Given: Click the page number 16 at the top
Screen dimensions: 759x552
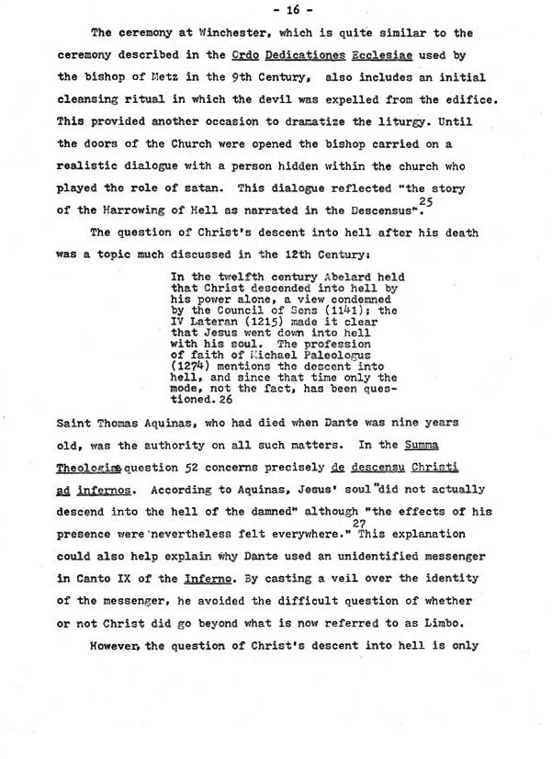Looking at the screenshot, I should (x=276, y=12).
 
